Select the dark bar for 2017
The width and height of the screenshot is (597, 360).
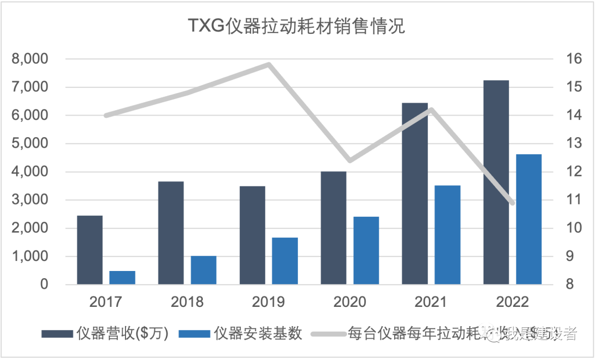pos(90,250)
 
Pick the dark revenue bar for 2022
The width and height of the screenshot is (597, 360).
pos(496,182)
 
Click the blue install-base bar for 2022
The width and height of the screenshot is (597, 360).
pos(529,220)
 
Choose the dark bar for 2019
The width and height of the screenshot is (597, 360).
pos(252,235)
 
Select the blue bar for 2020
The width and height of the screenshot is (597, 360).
pos(366,251)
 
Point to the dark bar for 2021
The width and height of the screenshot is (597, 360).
pos(415,194)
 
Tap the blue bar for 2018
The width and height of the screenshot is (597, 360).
pos(203,270)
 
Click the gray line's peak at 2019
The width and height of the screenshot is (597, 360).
pos(269,64)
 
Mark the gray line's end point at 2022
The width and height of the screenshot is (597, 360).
pos(512,203)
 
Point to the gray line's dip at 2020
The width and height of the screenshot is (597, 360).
pos(349,160)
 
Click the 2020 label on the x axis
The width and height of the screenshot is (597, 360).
pos(349,302)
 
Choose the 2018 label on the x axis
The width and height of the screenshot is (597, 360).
pos(187,302)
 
